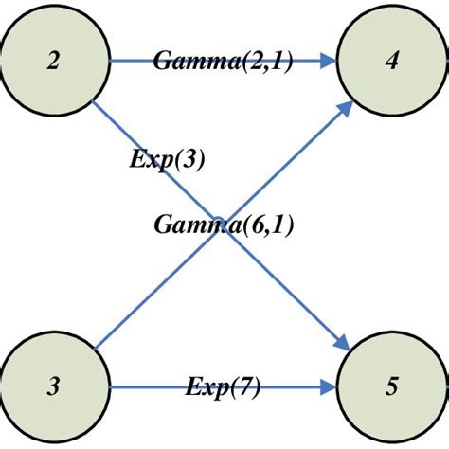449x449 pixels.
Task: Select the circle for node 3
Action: pyautogui.click(x=54, y=386)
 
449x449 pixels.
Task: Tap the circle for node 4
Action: pyautogui.click(x=391, y=62)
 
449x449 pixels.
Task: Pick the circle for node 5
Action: pyautogui.click(x=391, y=386)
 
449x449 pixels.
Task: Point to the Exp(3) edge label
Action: pyautogui.click(x=168, y=158)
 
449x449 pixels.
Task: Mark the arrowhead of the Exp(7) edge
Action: pyautogui.click(x=330, y=386)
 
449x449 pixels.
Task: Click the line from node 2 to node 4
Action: pyautogui.click(x=133, y=62)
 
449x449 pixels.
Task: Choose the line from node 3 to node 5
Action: pyautogui.click(x=142, y=386)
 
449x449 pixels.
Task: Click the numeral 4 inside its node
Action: pyautogui.click(x=391, y=63)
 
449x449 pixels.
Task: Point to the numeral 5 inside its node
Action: pyautogui.click(x=391, y=386)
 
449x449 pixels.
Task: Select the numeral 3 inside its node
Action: pyautogui.click(x=54, y=386)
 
